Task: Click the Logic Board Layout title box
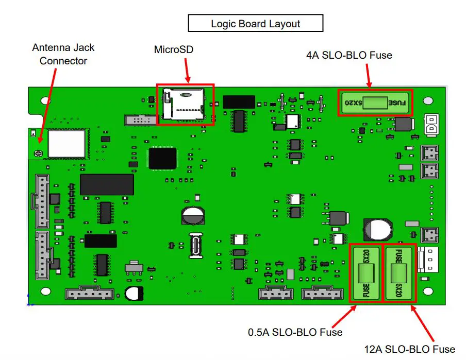tap(255, 24)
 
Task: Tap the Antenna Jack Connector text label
tap(63, 54)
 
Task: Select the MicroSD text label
tap(173, 49)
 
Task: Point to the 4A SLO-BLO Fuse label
tap(348, 55)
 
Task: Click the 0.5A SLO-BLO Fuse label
tap(295, 332)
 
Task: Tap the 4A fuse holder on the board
tap(375, 102)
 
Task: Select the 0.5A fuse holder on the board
tap(366, 273)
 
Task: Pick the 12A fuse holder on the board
tap(399, 273)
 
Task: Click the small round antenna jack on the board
tap(37, 153)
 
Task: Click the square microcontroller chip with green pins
tap(162, 158)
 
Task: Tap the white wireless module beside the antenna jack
tap(66, 143)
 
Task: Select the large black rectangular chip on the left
tap(107, 184)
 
